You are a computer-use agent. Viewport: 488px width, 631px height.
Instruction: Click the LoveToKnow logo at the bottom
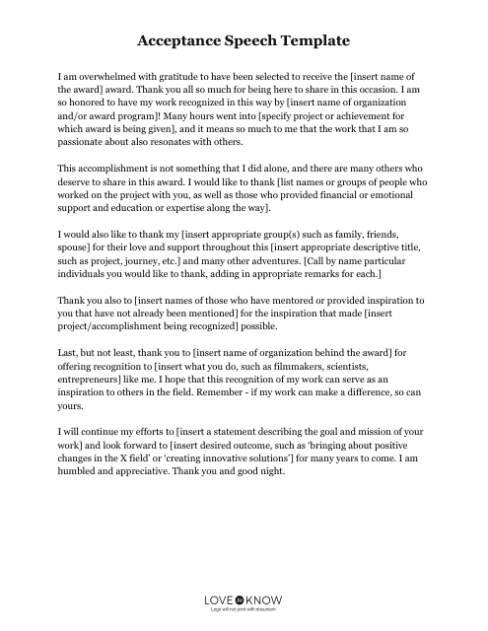tap(243, 597)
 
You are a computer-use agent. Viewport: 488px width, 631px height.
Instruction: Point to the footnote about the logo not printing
tap(243, 611)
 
